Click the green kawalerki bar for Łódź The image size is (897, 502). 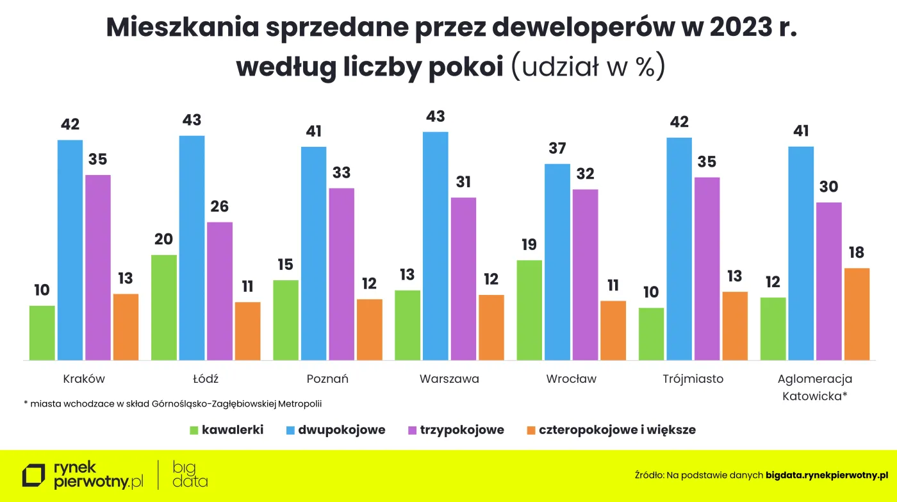pyautogui.click(x=164, y=308)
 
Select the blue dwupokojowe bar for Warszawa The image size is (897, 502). pyautogui.click(x=436, y=246)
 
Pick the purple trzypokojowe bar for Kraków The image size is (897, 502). pyautogui.click(x=98, y=267)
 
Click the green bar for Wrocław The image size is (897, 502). pyautogui.click(x=529, y=310)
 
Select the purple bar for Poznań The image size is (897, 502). pyautogui.click(x=342, y=274)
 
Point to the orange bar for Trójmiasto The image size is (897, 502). pyautogui.click(x=735, y=326)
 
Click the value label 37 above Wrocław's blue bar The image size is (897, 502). pyautogui.click(x=557, y=149)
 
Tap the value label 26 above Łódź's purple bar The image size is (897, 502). pyautogui.click(x=220, y=207)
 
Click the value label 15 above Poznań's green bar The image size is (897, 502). pyautogui.click(x=286, y=265)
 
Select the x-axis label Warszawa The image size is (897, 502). pyautogui.click(x=449, y=379)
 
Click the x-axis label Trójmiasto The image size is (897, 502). pyautogui.click(x=693, y=379)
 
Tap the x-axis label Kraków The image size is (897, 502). pyautogui.click(x=84, y=379)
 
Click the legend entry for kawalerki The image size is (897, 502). pyautogui.click(x=232, y=430)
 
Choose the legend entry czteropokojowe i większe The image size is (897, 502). pyautogui.click(x=617, y=430)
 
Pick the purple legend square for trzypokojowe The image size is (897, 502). pyautogui.click(x=413, y=430)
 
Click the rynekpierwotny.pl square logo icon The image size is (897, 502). pyautogui.click(x=34, y=476)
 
